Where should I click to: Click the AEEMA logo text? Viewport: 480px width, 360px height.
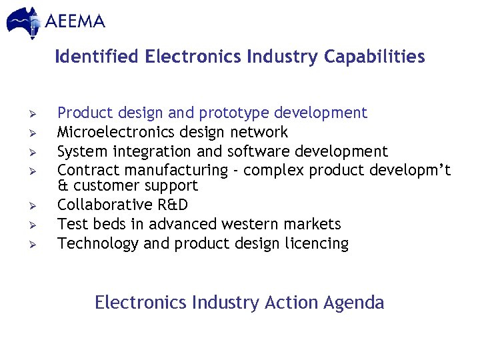[75, 21]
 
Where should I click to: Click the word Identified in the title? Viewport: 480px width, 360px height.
[97, 57]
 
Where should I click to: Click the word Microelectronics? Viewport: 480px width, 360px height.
[115, 132]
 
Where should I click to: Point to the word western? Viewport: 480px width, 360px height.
[257, 224]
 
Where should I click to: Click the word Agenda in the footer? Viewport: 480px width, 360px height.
[354, 303]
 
